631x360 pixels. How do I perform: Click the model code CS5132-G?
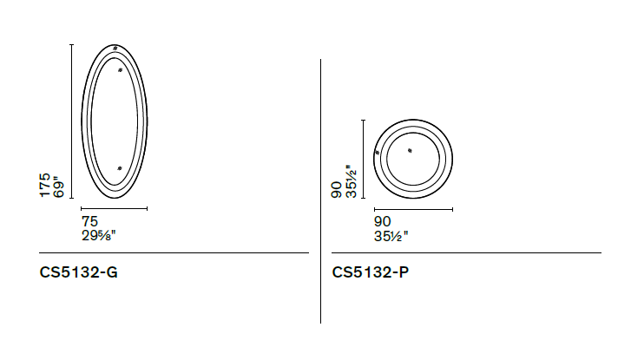point(78,272)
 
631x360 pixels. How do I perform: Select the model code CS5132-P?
point(371,272)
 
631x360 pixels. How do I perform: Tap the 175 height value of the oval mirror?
point(45,185)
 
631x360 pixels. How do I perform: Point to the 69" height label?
point(58,187)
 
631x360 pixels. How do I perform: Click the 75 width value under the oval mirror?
point(89,221)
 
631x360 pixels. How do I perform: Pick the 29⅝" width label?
point(99,235)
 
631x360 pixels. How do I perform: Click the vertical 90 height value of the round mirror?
point(337,189)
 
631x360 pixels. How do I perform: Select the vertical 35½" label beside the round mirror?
point(351,181)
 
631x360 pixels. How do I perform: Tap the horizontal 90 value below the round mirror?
point(382,221)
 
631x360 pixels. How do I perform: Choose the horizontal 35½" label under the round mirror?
point(391,236)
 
